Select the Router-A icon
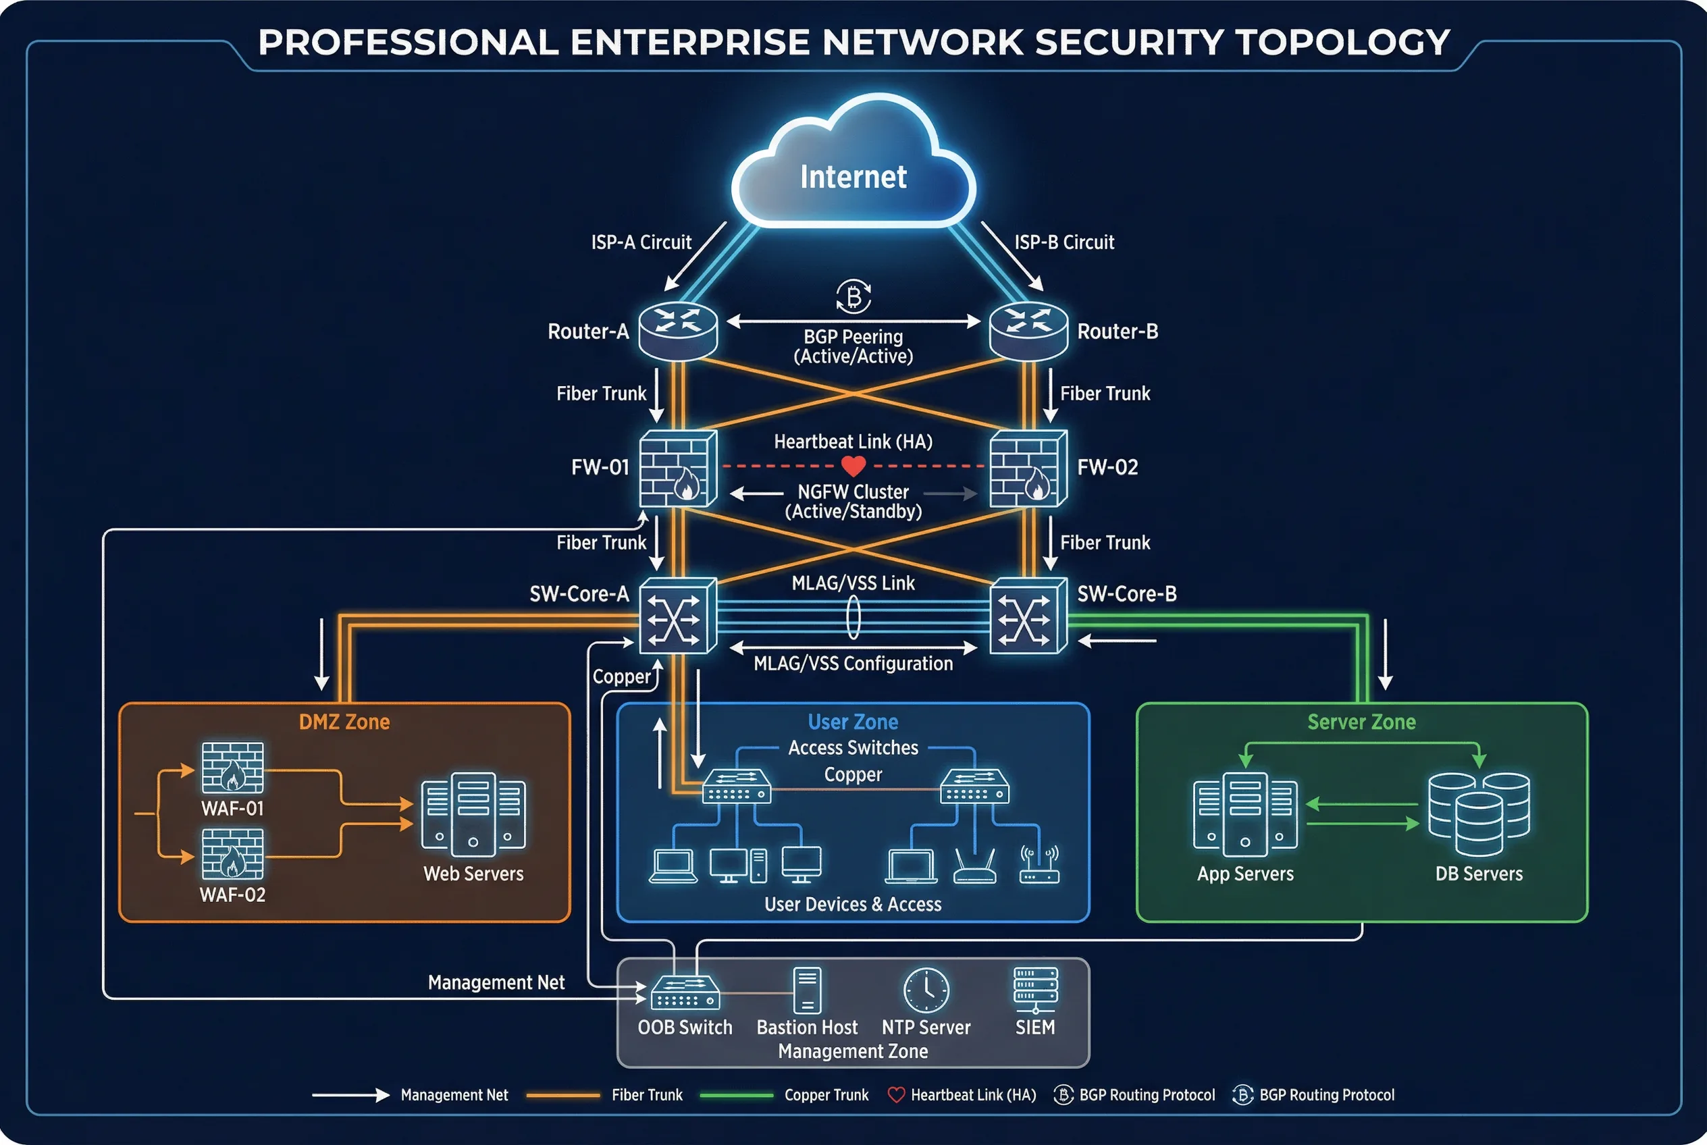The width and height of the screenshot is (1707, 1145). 678,330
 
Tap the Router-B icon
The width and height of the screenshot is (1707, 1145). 1028,330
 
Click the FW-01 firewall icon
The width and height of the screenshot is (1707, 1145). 677,468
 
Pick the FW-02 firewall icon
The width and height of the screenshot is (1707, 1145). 1028,468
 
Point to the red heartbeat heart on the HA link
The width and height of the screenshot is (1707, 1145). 853,465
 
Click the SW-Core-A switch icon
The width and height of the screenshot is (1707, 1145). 677,616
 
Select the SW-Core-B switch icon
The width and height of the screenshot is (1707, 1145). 1028,616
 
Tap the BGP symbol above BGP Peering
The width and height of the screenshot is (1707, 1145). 853,296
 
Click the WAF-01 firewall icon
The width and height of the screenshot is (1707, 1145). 232,768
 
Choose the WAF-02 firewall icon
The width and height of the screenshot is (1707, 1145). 232,853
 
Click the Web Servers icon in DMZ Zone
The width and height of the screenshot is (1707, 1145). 473,814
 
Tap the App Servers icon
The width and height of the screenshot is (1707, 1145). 1244,814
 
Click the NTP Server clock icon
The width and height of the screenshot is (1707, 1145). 926,990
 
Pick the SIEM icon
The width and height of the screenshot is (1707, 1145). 1035,990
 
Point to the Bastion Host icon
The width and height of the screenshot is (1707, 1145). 807,990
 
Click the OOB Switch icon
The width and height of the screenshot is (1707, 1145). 685,993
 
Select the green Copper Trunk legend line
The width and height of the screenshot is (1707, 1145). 735,1094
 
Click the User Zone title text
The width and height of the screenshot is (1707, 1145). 852,722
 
